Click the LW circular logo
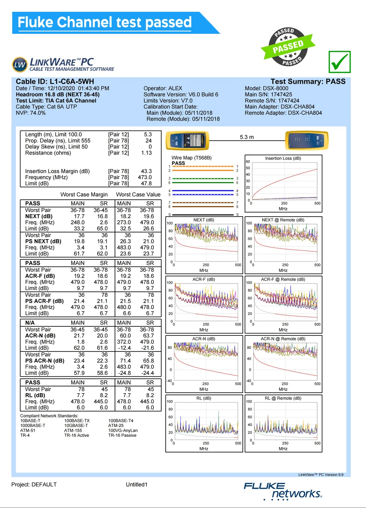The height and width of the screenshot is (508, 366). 20,64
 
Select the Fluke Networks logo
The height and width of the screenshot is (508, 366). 283,491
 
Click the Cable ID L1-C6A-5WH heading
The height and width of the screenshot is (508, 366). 55,82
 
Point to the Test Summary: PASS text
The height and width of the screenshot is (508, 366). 308,82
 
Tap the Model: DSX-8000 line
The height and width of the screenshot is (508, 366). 266,88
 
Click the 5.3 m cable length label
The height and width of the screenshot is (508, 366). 247,137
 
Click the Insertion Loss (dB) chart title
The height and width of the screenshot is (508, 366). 283,158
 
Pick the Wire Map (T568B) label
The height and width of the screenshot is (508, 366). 191,158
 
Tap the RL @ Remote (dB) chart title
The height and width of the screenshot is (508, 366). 283,398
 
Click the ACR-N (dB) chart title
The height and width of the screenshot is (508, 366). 204,339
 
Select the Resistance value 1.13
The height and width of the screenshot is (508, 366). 146,153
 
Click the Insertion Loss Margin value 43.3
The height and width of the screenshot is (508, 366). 146,171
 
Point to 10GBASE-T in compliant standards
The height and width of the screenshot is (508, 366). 76,425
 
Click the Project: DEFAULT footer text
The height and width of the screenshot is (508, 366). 34,484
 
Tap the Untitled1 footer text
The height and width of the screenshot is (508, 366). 137,484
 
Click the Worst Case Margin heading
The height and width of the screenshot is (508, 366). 84,195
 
